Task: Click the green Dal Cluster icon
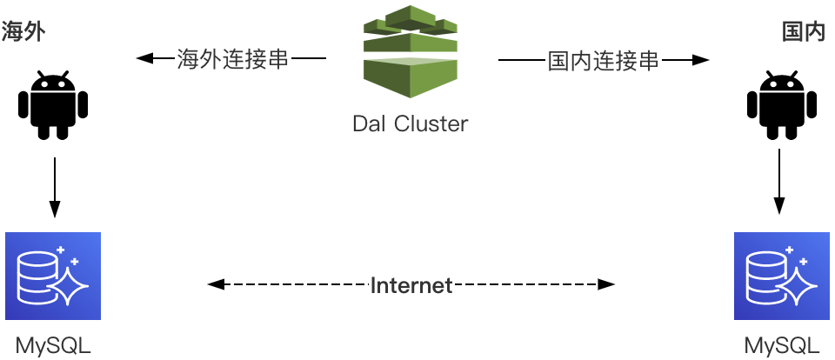click(411, 54)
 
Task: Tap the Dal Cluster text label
click(411, 124)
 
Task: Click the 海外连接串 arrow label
click(232, 60)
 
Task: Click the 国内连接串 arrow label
click(603, 61)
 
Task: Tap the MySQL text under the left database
click(53, 345)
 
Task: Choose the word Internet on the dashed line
click(411, 285)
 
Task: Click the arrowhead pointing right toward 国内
click(701, 60)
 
